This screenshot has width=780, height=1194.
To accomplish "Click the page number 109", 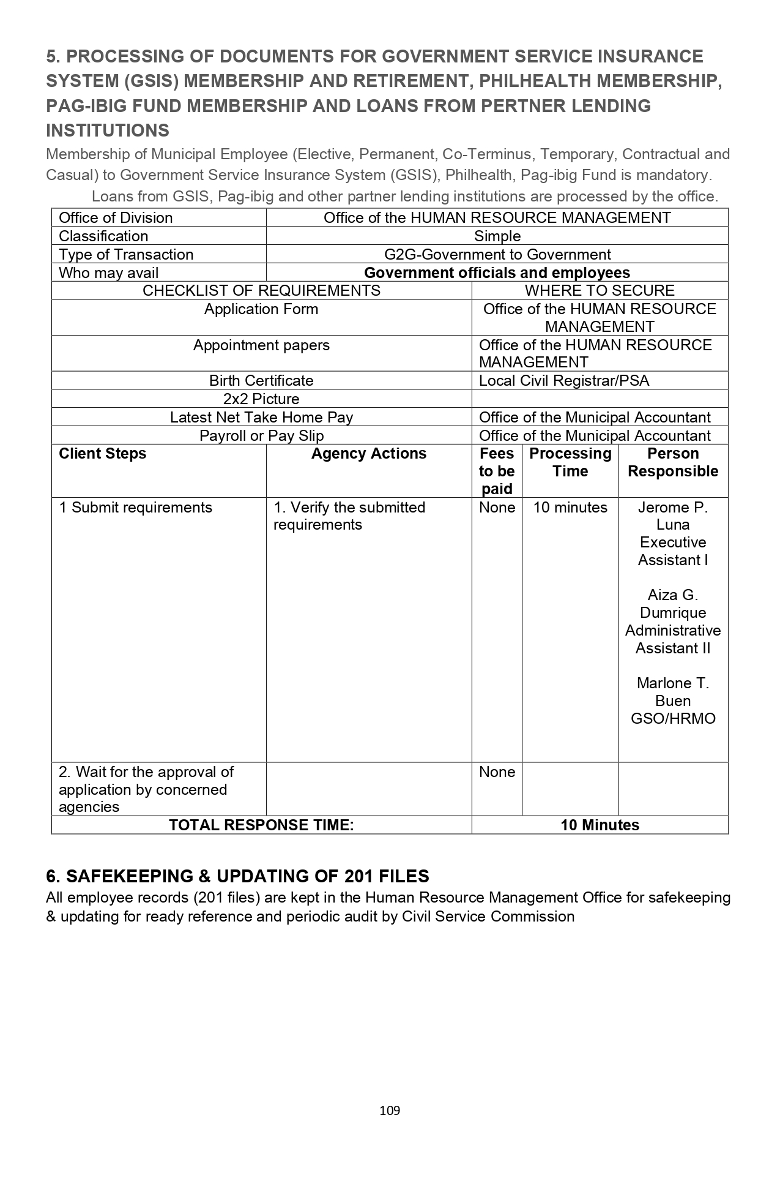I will (x=390, y=1110).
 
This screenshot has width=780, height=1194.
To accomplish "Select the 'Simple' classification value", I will (x=497, y=236).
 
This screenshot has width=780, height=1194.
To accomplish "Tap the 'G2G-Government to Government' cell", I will (x=497, y=255).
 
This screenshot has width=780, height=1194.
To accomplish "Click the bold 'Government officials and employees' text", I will (x=497, y=273).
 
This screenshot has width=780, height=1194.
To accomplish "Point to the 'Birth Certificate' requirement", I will (x=261, y=381).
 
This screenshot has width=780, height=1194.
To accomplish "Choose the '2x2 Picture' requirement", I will (x=261, y=399).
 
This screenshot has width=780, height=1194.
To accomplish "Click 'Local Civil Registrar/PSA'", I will (x=564, y=381).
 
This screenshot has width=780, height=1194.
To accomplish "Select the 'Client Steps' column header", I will (x=103, y=454).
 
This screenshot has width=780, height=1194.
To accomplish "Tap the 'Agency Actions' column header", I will (x=369, y=454).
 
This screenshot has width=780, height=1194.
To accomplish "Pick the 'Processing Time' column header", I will (x=570, y=462).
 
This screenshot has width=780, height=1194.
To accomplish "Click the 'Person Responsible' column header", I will (x=673, y=462).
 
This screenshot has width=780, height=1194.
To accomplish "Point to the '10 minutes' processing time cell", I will (x=570, y=508).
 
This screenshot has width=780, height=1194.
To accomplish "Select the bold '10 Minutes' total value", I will (x=600, y=825).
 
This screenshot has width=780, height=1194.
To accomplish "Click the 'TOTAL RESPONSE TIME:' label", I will (x=261, y=825).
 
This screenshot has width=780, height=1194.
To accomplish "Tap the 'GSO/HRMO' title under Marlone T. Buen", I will (x=673, y=719).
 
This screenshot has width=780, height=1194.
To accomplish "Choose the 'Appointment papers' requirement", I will (x=261, y=345).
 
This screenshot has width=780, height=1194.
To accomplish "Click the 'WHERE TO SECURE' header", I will (x=600, y=291).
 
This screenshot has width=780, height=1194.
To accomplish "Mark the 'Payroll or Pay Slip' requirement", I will (x=261, y=436).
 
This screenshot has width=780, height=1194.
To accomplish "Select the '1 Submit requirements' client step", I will (x=135, y=508).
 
